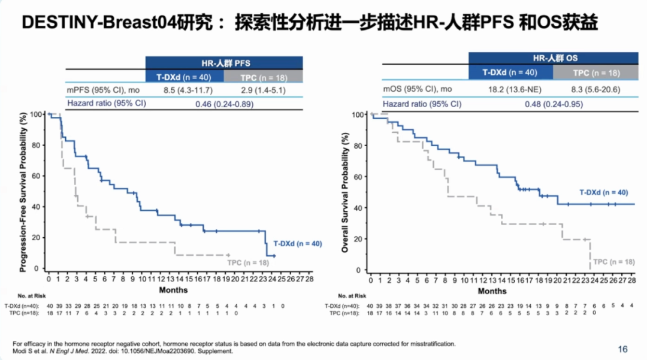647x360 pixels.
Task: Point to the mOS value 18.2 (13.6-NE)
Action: click(510, 89)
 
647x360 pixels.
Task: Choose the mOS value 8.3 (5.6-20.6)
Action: click(595, 89)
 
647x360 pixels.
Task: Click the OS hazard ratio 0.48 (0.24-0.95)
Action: click(552, 103)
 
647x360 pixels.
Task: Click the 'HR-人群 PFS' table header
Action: click(223, 62)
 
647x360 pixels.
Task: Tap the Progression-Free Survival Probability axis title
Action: click(24, 192)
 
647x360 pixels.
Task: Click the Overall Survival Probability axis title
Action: click(346, 192)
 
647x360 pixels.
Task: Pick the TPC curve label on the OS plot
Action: click(614, 262)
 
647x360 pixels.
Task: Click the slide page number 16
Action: click(623, 349)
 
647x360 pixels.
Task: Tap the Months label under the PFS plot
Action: click(173, 290)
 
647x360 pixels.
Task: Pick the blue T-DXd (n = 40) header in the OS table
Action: click(510, 72)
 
